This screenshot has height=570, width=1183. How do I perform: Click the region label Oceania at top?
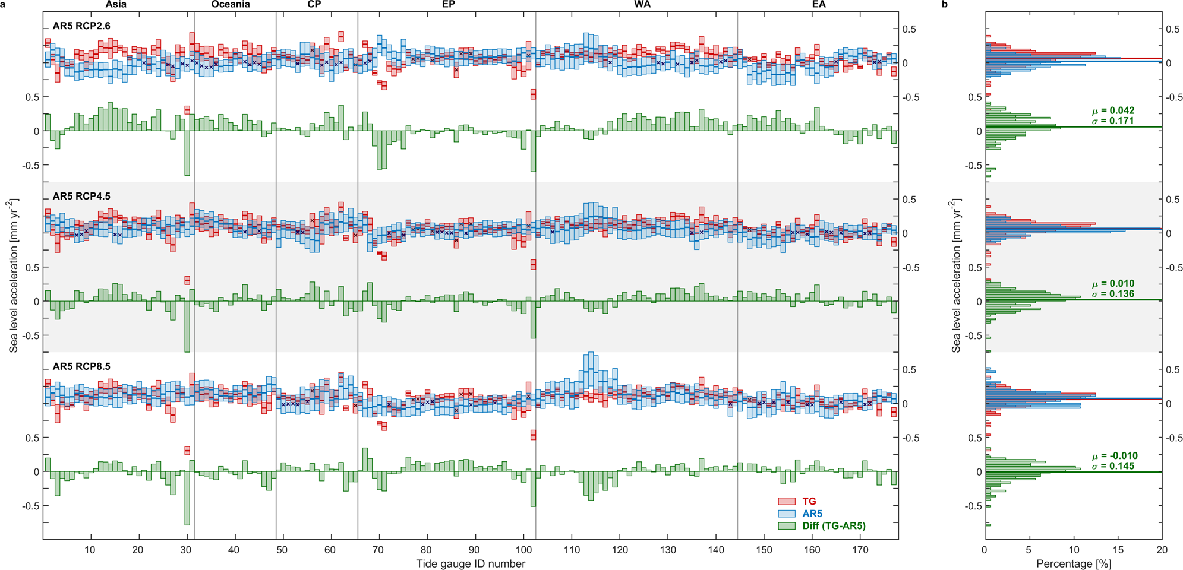231,5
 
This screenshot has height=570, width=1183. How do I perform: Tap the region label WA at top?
642,5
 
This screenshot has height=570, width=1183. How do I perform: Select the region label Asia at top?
116,5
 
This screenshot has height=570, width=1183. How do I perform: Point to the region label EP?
448,5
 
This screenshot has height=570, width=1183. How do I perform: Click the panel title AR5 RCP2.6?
81,26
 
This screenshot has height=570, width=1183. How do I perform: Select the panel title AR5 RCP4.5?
81,197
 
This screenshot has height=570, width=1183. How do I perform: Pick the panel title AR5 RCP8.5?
81,367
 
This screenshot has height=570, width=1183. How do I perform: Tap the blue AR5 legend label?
812,514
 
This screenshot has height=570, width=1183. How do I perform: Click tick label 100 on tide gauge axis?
523,550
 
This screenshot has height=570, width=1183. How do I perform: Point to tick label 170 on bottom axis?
860,550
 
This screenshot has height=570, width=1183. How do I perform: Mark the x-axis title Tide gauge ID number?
471,563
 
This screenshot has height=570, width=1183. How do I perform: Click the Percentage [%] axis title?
1073,563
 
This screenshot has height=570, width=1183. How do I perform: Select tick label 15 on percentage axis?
1118,550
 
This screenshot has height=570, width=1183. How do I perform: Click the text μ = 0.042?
1113,110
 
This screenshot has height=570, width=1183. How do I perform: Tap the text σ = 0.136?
1113,294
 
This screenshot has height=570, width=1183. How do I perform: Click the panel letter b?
945,5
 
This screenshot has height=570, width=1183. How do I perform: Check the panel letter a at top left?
3,5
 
